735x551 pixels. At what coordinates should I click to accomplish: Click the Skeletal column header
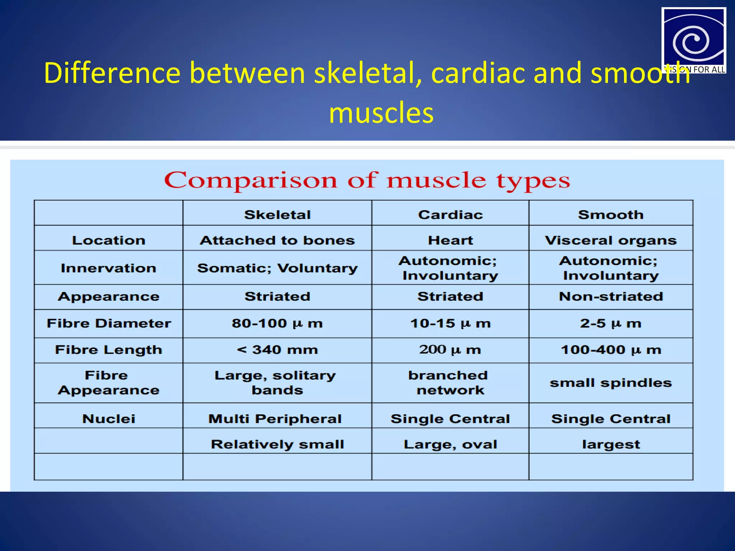pyautogui.click(x=277, y=215)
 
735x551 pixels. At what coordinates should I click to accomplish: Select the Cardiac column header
pyautogui.click(x=450, y=215)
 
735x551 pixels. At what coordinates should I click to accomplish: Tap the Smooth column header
pyautogui.click(x=610, y=215)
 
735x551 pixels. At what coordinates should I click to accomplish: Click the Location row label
pyautogui.click(x=108, y=240)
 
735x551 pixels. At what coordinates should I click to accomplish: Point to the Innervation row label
pyautogui.click(x=108, y=268)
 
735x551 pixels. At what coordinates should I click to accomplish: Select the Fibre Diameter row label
pyautogui.click(x=108, y=323)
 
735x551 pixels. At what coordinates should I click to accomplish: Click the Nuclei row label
pyautogui.click(x=108, y=419)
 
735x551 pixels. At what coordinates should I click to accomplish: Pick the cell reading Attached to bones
pyautogui.click(x=277, y=240)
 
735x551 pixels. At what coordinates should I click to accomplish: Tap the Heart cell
pyautogui.click(x=450, y=240)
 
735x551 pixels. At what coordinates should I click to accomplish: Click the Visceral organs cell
pyautogui.click(x=610, y=240)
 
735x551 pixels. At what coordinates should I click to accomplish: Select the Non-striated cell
pyautogui.click(x=610, y=296)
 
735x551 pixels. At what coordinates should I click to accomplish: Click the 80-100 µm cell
pyautogui.click(x=277, y=323)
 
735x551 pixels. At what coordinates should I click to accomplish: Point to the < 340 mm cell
pyautogui.click(x=277, y=349)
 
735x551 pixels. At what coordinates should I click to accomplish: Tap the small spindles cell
pyautogui.click(x=610, y=383)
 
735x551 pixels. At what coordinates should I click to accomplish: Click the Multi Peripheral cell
pyautogui.click(x=275, y=419)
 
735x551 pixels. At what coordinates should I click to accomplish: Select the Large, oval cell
pyautogui.click(x=450, y=444)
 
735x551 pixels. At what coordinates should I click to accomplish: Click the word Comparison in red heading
pyautogui.click(x=251, y=180)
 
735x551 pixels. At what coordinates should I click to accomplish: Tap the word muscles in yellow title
pyautogui.click(x=381, y=113)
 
